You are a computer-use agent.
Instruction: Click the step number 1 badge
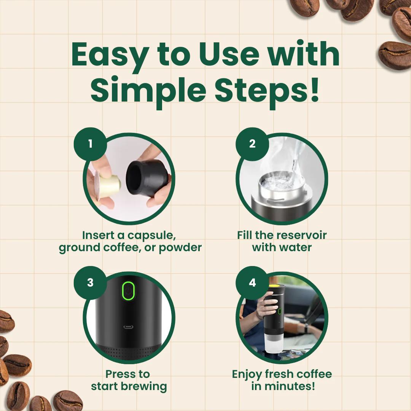point(90,144)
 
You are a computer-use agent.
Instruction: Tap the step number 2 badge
point(252,144)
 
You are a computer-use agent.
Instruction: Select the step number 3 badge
point(90,283)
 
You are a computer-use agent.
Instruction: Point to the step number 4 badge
point(252,283)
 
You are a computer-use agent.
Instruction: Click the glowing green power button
point(128,291)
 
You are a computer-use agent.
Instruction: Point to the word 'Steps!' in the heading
point(267,91)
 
